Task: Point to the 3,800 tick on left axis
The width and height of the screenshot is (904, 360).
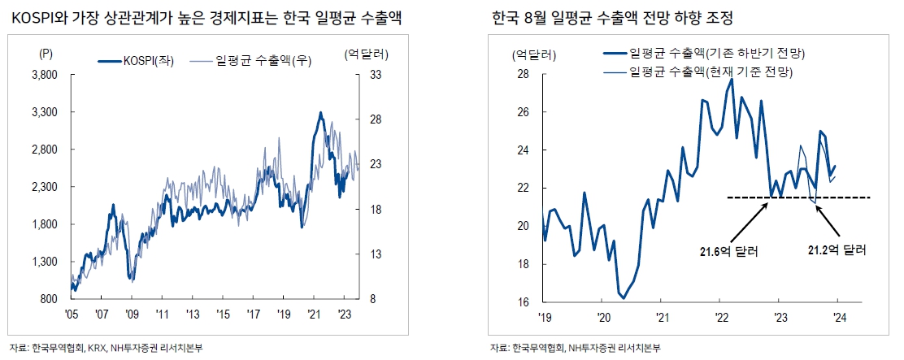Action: click(45, 75)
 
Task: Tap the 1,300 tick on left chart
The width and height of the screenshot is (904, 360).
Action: click(45, 262)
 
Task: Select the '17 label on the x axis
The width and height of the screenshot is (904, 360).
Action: click(253, 313)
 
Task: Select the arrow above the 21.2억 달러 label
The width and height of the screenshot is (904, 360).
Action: click(831, 218)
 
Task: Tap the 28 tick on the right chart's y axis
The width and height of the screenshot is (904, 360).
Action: click(524, 75)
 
